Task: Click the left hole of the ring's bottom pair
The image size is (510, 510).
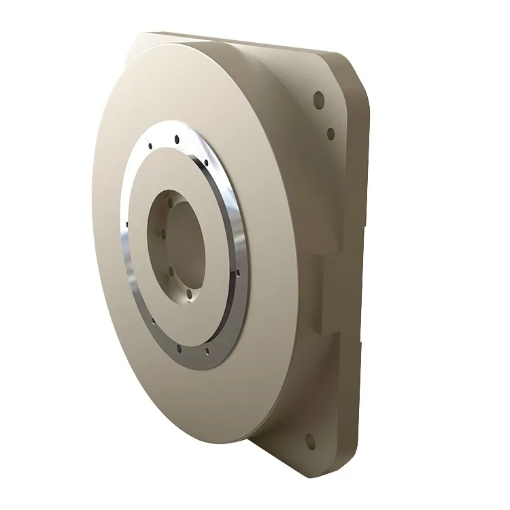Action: (x=179, y=349)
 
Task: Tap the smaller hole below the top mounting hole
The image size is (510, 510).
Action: (x=331, y=134)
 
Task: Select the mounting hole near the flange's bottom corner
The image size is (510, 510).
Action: (x=310, y=441)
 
